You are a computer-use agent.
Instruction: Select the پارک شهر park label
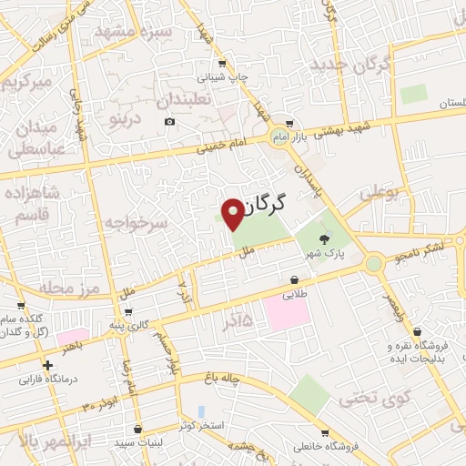326,254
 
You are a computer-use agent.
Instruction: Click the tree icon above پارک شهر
326,239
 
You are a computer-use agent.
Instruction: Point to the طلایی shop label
295,294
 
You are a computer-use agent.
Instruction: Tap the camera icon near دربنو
169,122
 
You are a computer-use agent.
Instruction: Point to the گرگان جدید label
349,65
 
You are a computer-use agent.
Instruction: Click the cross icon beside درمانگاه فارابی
47,364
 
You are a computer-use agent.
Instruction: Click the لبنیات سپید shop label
137,443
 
